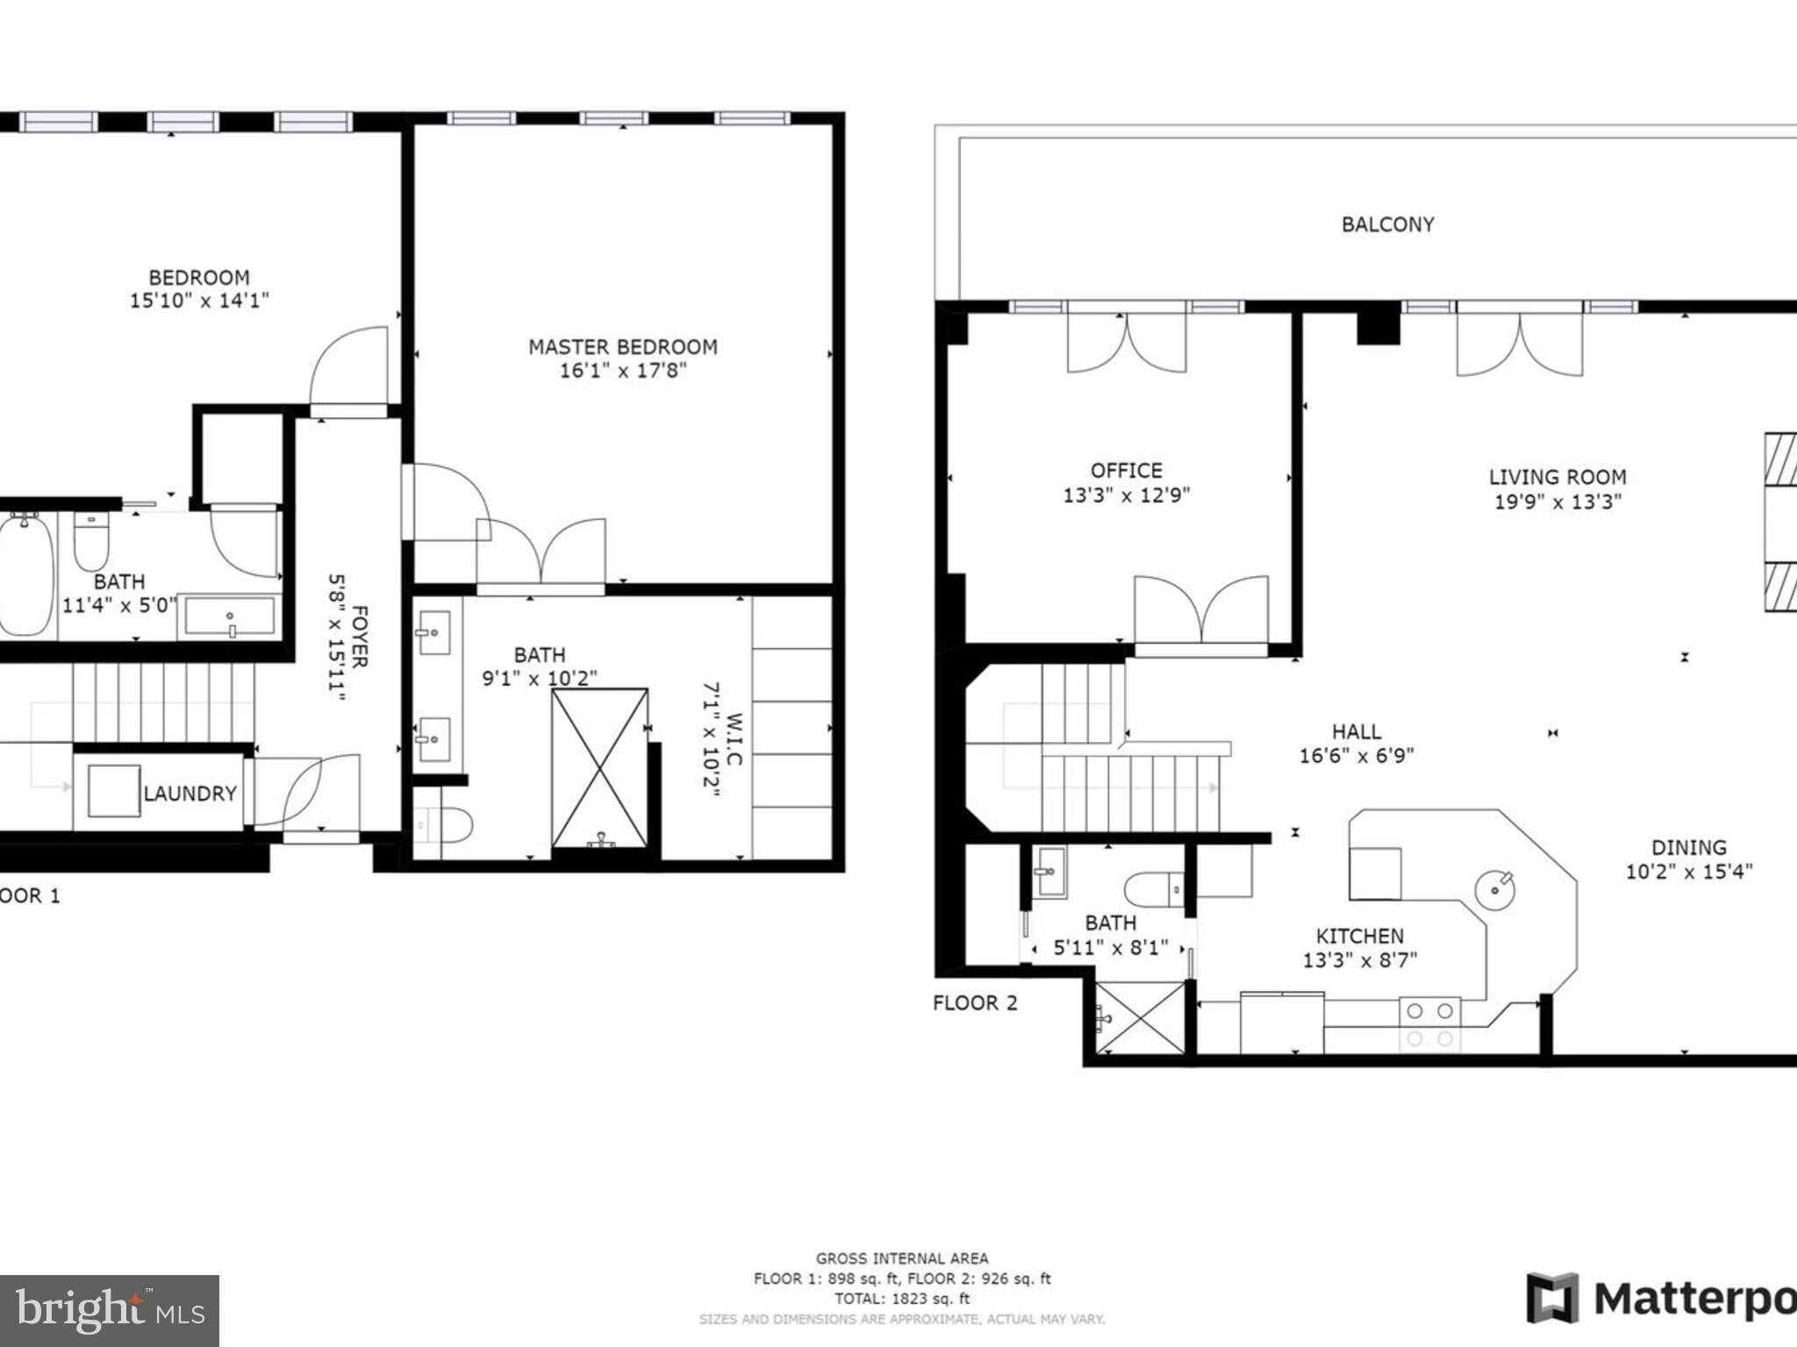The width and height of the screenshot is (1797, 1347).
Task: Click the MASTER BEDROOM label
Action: click(622, 347)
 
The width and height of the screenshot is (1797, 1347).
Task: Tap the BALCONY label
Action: click(1387, 224)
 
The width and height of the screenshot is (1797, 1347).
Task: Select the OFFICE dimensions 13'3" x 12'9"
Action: click(1126, 495)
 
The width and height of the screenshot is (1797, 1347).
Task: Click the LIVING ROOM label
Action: click(1557, 478)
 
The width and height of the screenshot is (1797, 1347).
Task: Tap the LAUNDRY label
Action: click(190, 794)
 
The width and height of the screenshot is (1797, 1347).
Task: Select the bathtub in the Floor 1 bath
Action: click(25, 574)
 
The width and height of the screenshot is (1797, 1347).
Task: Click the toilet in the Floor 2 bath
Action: click(1154, 888)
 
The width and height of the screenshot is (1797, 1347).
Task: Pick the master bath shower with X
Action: click(600, 769)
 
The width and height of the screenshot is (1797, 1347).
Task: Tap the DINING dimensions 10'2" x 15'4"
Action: click(1688, 872)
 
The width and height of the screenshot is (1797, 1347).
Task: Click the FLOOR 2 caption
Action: click(975, 1003)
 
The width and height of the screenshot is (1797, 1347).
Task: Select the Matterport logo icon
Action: click(1552, 1298)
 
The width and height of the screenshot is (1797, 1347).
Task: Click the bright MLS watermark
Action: click(109, 1310)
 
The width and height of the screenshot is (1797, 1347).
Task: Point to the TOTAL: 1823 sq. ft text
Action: click(901, 1300)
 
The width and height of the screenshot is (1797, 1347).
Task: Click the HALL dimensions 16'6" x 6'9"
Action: click(1356, 756)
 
